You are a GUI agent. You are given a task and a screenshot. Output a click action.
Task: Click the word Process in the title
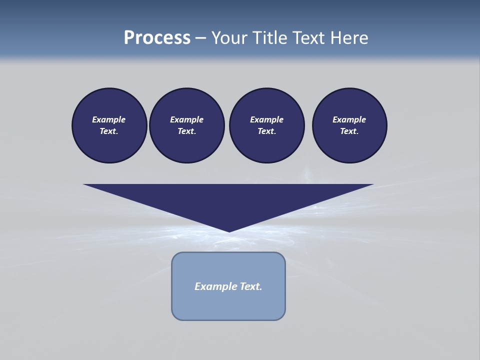click(157, 38)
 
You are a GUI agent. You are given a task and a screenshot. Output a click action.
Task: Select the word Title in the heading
click(269, 38)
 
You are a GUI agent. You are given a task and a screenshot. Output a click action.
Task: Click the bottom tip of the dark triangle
click(229, 230)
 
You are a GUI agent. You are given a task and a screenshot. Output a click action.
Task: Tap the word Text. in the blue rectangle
click(250, 286)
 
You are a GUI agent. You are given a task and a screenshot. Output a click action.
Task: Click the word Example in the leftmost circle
click(109, 119)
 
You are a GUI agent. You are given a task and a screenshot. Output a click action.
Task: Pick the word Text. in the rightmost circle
click(349, 131)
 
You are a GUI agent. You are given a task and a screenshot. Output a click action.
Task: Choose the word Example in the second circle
click(186, 119)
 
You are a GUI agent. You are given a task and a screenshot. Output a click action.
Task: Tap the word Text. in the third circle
click(266, 131)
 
